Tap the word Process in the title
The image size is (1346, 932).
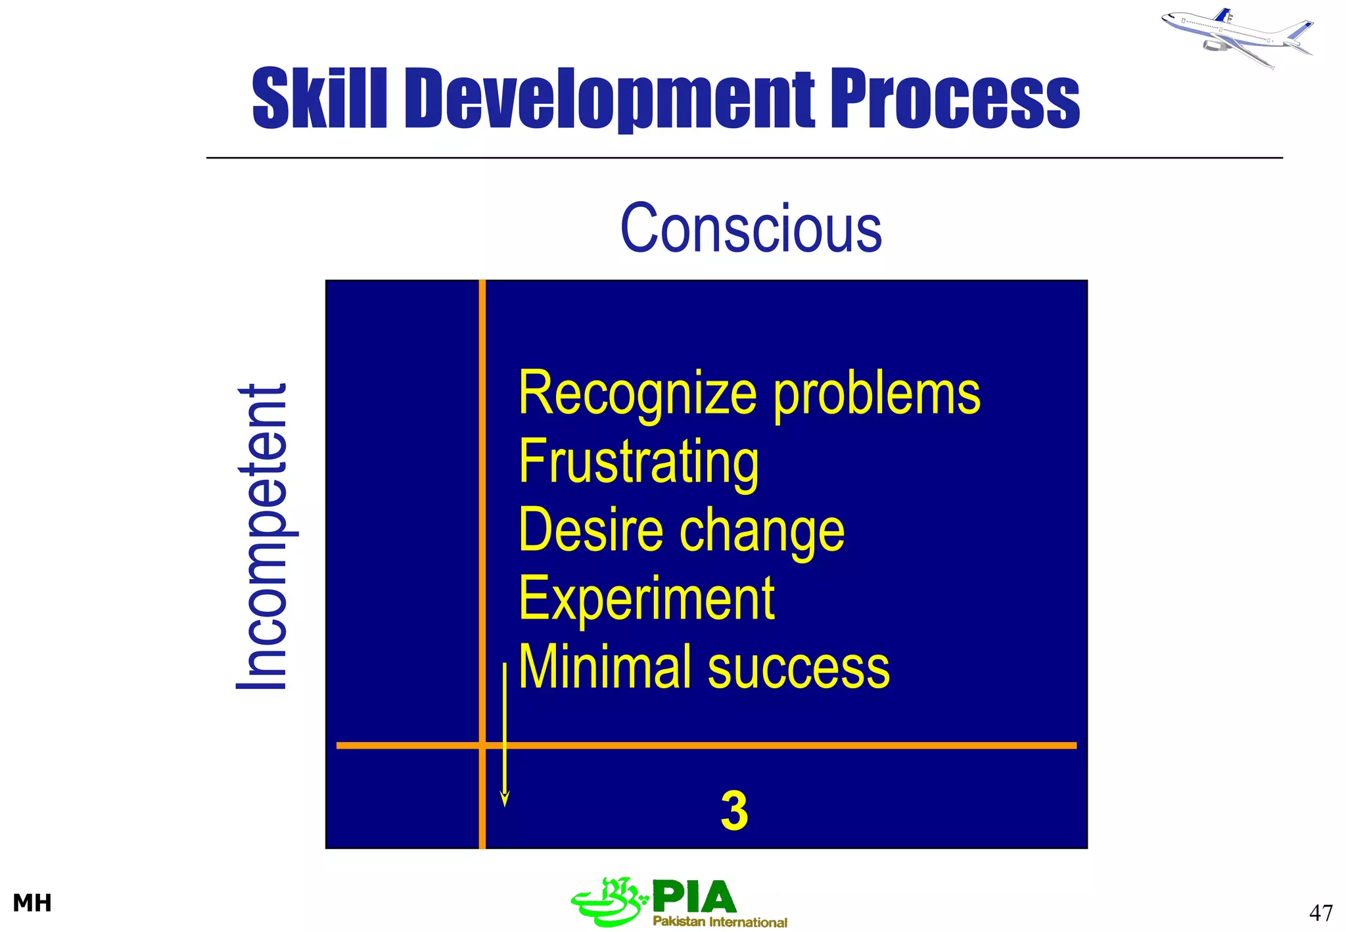(955, 99)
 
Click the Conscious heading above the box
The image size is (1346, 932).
(751, 228)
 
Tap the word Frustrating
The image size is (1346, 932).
(638, 463)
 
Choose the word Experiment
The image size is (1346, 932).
(647, 599)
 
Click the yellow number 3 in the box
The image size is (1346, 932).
(734, 811)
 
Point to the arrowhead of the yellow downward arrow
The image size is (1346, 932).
(505, 799)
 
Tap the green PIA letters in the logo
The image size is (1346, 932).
(695, 897)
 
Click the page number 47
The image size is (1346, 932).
(1320, 913)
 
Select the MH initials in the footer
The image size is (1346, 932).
(32, 903)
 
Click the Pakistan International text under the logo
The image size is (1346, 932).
(720, 922)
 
